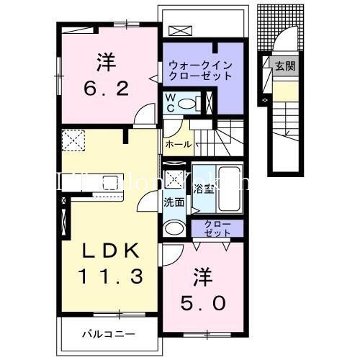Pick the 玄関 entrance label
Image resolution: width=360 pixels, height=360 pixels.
click(284, 66)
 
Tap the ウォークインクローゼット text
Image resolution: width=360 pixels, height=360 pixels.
click(199, 70)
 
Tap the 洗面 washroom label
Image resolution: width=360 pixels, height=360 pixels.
click(174, 202)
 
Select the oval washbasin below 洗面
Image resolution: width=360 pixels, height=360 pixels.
click(174, 229)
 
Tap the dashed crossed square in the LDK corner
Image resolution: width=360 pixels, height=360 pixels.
click(73, 140)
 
